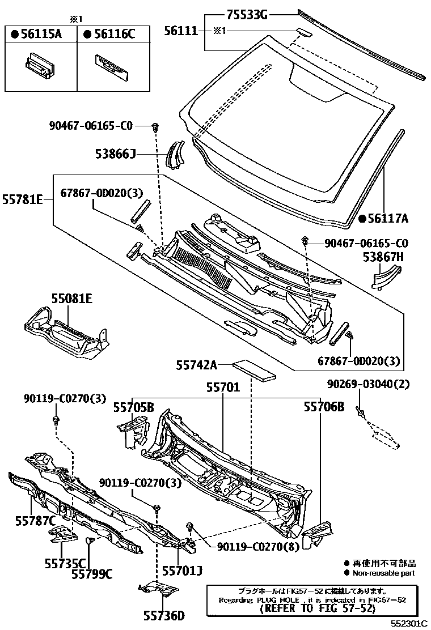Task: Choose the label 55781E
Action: point(23,200)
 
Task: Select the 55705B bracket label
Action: point(133,407)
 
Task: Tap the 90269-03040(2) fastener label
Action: point(368,384)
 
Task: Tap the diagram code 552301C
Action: point(408,623)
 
